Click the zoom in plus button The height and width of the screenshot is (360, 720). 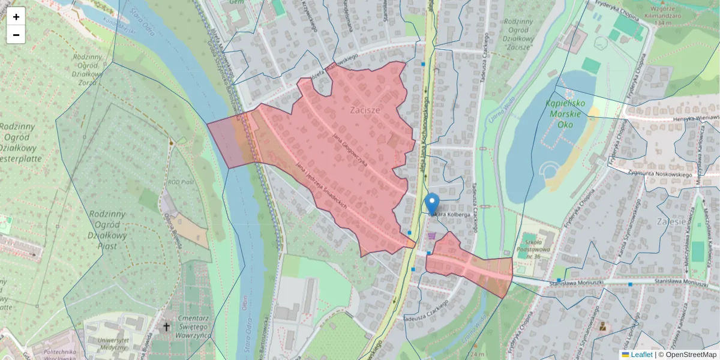point(16,16)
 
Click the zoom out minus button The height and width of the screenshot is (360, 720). point(16,35)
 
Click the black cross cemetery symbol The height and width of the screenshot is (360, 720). point(166,327)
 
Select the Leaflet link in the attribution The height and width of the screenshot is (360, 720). point(641,355)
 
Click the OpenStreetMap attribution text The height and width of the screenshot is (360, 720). point(691,355)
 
